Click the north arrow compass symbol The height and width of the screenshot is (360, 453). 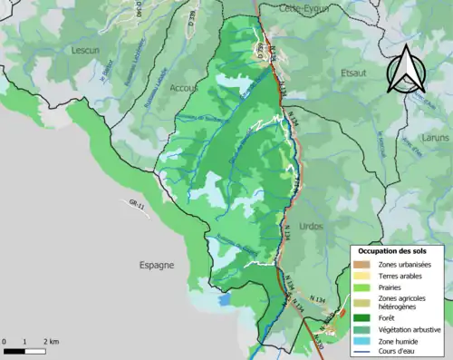(405, 70)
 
